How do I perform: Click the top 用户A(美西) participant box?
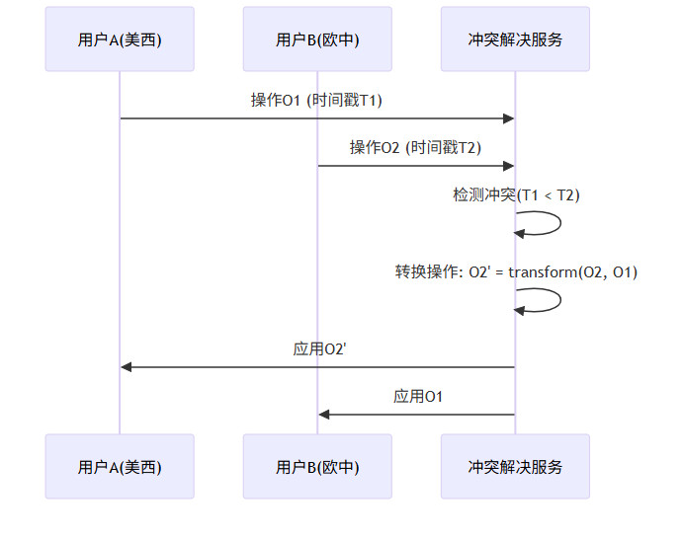point(120,39)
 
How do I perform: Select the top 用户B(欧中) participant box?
point(317,39)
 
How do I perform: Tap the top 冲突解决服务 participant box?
point(515,39)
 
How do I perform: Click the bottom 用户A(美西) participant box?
point(120,466)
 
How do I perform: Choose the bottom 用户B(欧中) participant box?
point(317,466)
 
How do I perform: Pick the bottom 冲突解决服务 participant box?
point(515,466)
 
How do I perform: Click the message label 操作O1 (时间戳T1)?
point(316,101)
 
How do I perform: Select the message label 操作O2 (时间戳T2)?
point(415,148)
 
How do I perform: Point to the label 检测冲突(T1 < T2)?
point(516,195)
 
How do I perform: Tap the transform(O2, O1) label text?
point(573,272)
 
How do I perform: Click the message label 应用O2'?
point(318,348)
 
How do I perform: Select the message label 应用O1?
point(417,396)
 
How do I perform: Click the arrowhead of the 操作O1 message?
point(509,118)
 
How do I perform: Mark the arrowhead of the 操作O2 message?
point(509,166)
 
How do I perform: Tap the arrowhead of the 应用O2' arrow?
point(127,366)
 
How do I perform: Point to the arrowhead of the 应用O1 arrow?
point(324,414)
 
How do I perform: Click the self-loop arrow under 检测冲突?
point(559,223)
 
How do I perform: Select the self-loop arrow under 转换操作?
point(559,300)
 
